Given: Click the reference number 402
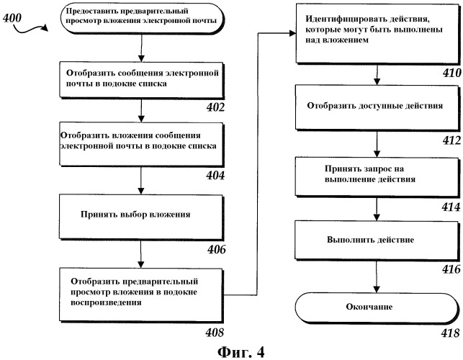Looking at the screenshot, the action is (215, 107).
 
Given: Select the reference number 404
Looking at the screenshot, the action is (215, 176).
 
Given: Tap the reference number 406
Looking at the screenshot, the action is (217, 250).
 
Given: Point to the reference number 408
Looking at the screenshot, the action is (215, 333).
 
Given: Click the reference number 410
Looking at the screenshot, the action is (451, 73).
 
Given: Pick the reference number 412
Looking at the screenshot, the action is (451, 140).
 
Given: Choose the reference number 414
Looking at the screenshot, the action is (451, 207).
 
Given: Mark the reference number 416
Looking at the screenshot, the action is (451, 269).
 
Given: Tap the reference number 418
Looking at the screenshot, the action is (451, 333).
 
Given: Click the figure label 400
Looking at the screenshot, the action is (12, 18).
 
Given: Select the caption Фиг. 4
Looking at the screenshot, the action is (241, 352).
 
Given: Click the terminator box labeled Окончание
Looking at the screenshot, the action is (377, 307).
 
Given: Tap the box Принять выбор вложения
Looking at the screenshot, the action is (141, 217).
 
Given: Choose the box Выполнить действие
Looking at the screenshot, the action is (377, 240).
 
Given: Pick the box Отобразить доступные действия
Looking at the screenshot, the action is (377, 107).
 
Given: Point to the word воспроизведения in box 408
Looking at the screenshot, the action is (106, 302).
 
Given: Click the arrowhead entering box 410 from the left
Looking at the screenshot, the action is (292, 33).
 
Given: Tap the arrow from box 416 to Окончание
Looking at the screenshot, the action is (377, 276).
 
